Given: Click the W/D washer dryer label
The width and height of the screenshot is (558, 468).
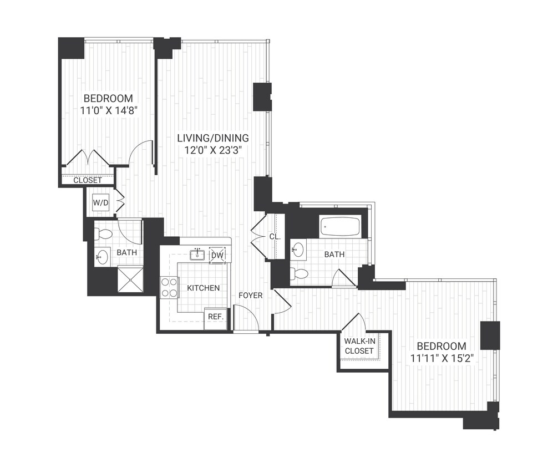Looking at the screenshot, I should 100,203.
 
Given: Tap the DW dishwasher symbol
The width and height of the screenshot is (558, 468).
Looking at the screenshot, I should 217,255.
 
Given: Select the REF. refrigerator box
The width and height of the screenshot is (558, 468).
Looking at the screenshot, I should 215,317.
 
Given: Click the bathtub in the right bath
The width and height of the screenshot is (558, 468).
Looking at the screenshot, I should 340,226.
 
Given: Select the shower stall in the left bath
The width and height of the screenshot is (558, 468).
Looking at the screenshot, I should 130,278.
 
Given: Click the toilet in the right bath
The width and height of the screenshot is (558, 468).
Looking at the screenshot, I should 300,274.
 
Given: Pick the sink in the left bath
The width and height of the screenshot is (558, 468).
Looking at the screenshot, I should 103,257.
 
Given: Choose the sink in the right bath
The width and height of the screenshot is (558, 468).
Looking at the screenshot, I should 298,249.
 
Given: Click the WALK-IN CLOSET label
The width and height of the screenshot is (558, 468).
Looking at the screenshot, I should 359,346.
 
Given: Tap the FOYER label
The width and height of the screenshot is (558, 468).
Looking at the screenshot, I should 250,296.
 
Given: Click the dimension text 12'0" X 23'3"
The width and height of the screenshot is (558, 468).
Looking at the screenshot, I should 213,150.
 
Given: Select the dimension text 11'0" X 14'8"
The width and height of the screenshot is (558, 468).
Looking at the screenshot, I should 109,110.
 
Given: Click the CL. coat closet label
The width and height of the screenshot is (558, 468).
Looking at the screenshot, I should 275,237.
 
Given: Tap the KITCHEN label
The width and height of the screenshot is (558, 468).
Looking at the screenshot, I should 203,288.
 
